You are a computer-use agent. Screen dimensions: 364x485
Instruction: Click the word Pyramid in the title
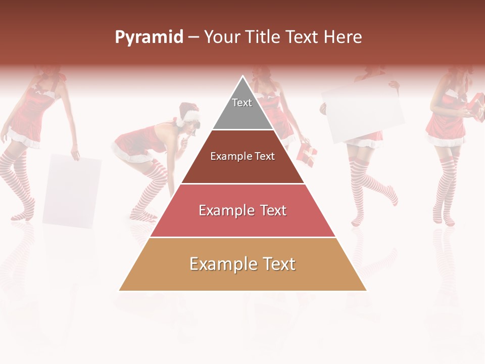[149, 37]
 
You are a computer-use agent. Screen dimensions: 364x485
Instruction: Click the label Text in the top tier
[242, 103]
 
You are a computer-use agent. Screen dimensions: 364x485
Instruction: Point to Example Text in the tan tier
[243, 264]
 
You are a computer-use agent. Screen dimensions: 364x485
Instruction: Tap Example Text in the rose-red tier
[243, 210]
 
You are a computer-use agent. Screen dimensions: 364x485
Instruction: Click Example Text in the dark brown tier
[243, 156]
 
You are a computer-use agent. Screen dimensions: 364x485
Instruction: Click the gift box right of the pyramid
[307, 154]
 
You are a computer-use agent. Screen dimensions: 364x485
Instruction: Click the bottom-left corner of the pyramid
[120, 290]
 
